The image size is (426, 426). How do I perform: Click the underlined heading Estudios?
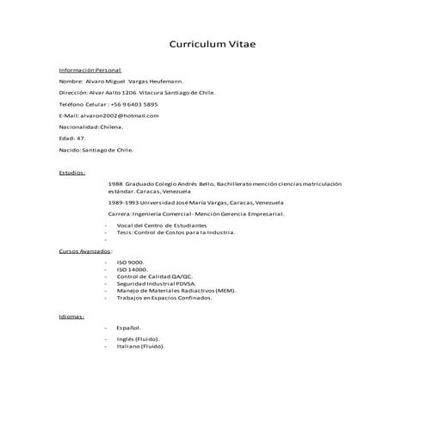pyautogui.click(x=71, y=172)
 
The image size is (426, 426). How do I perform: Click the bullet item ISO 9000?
pyautogui.click(x=131, y=261)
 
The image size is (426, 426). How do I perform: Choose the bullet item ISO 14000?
pyautogui.click(x=133, y=269)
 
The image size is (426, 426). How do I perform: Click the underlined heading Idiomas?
pyautogui.click(x=71, y=316)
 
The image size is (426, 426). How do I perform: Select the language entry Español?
pyautogui.click(x=130, y=328)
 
